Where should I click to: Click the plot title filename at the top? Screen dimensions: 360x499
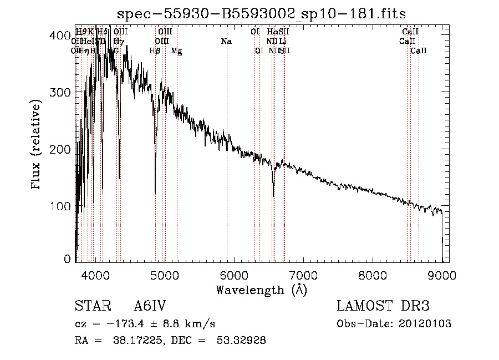click(265, 14)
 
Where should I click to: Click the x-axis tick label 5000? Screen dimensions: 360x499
click(164, 275)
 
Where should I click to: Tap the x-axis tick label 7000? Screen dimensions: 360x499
click(303, 275)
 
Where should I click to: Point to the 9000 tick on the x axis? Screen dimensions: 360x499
click(442, 275)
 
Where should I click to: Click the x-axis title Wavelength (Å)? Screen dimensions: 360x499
click(261, 290)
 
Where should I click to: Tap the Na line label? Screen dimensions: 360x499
click(226, 41)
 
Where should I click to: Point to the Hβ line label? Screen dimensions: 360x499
click(155, 50)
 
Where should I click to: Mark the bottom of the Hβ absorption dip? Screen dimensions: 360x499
click(155, 192)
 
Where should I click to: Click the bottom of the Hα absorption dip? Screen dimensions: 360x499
click(273, 196)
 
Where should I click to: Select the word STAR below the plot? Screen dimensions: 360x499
click(89, 306)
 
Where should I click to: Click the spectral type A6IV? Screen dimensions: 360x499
click(150, 306)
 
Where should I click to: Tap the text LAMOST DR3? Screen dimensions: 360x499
click(383, 306)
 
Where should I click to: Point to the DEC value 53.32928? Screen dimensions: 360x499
click(241, 341)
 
